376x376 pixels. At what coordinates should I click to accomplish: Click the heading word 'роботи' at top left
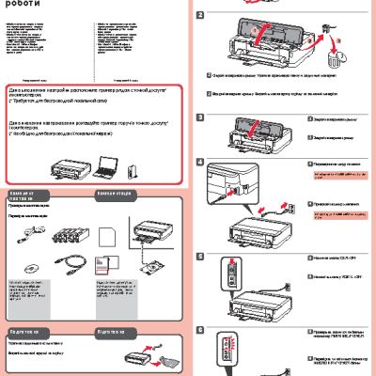[28, 5]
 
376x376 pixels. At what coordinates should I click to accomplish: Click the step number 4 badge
[199, 161]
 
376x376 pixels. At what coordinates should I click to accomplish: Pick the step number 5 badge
[199, 256]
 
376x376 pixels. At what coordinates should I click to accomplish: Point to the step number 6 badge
[199, 331]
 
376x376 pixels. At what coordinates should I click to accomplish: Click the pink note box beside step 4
[333, 174]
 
